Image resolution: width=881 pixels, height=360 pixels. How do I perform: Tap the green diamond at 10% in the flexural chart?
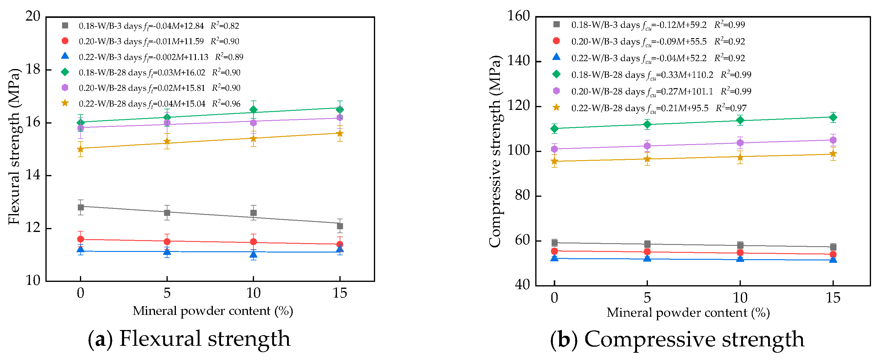pos(253,110)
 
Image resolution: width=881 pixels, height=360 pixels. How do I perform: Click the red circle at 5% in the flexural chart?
pos(167,242)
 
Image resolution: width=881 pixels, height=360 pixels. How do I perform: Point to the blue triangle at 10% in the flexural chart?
pos(253,254)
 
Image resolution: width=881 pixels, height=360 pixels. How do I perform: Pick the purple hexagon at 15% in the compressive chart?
pos(833,140)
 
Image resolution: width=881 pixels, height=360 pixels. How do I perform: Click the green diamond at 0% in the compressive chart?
pos(554,129)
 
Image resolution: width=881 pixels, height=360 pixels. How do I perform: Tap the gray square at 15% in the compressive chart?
pos(833,247)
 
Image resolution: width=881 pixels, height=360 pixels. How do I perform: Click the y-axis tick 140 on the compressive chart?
pos(518,61)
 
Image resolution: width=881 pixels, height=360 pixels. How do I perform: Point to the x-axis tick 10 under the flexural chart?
pos(253,293)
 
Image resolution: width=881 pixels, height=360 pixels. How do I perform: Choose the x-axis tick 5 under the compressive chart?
pos(647,297)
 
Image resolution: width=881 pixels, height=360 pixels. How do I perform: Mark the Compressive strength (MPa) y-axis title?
pos(495,151)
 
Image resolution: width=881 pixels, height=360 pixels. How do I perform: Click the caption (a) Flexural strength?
pos(189,339)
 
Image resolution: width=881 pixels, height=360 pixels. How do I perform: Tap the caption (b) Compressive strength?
pos(677,339)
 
